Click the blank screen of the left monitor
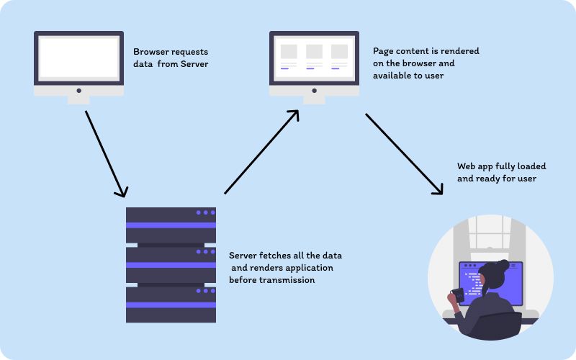(78, 58)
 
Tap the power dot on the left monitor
(78, 91)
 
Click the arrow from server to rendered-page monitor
(261, 152)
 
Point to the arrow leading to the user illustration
(403, 153)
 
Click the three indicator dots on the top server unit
(205, 212)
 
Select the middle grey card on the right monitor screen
(314, 52)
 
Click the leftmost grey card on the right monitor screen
(289, 52)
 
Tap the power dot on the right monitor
(314, 91)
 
